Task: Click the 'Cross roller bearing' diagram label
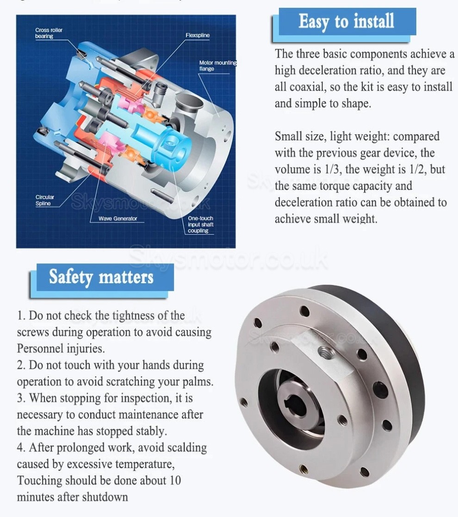(x=49, y=33)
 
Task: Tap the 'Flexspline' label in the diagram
(x=198, y=35)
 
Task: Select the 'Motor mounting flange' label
(x=217, y=66)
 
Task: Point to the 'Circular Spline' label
(x=45, y=200)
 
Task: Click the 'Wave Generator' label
(x=118, y=218)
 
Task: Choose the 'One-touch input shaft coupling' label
(x=200, y=224)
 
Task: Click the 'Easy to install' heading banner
(x=346, y=22)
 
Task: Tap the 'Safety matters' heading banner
(x=101, y=277)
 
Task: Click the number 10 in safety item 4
(x=174, y=480)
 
